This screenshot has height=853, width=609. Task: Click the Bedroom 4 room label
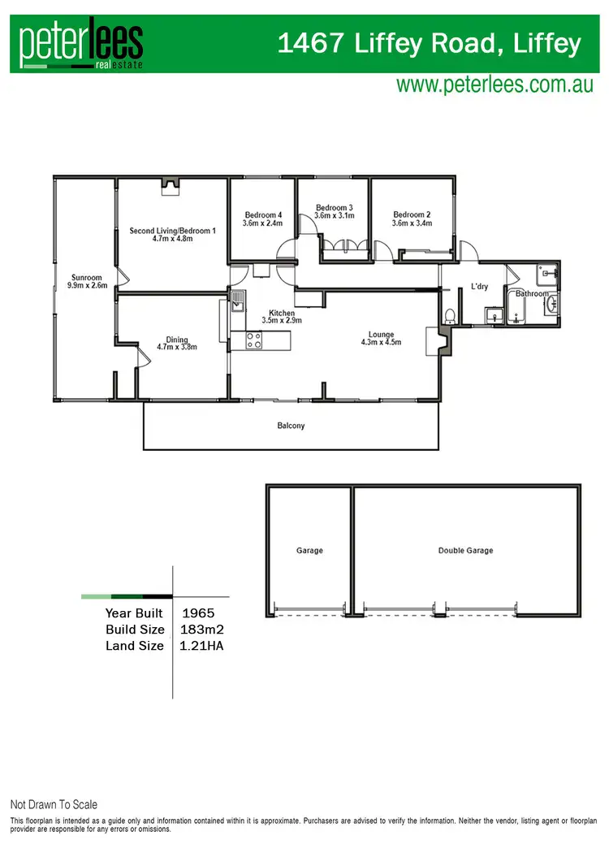(x=263, y=215)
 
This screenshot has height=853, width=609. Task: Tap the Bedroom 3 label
(x=335, y=207)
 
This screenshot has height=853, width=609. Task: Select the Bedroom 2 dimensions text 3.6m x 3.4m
(x=412, y=223)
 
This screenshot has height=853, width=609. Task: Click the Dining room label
(x=176, y=340)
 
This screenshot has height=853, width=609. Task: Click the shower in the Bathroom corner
(x=547, y=274)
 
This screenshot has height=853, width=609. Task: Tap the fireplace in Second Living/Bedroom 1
(x=171, y=188)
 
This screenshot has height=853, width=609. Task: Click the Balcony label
(x=291, y=426)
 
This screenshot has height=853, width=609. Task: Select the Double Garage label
(x=465, y=551)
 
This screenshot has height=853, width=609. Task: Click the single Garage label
(x=309, y=551)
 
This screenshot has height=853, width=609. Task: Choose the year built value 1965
(x=200, y=613)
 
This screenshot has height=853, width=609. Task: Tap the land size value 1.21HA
(x=203, y=646)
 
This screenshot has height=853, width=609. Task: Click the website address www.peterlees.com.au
(x=495, y=85)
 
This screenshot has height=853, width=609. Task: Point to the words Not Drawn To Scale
(x=54, y=804)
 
